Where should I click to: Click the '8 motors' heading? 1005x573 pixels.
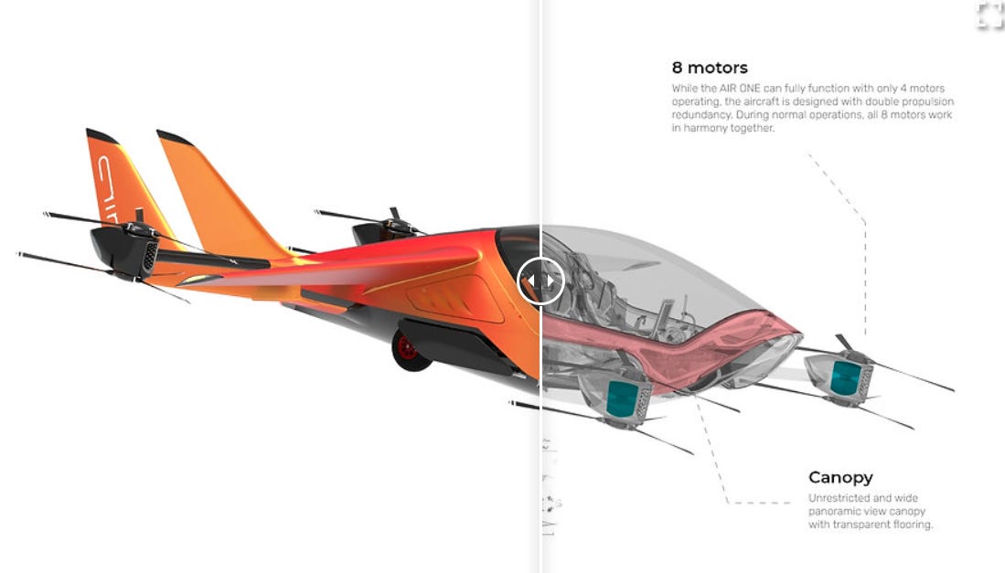coord(710,68)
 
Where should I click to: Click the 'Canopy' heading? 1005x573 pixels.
coord(840,477)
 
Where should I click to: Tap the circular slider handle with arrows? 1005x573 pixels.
coord(540,281)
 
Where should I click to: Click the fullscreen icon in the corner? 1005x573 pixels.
coord(989,16)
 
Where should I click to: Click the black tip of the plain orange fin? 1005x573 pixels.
coord(172,139)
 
